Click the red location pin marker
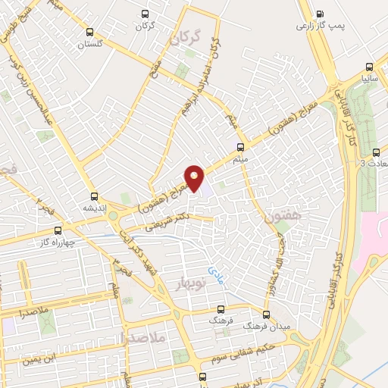[x=195, y=180]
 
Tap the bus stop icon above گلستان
[x=90, y=32]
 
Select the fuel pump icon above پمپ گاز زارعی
[x=320, y=14]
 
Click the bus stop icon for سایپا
[x=369, y=66]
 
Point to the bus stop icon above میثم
[x=241, y=147]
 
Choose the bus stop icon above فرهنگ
[x=221, y=309]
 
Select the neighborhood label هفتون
[x=284, y=216]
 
